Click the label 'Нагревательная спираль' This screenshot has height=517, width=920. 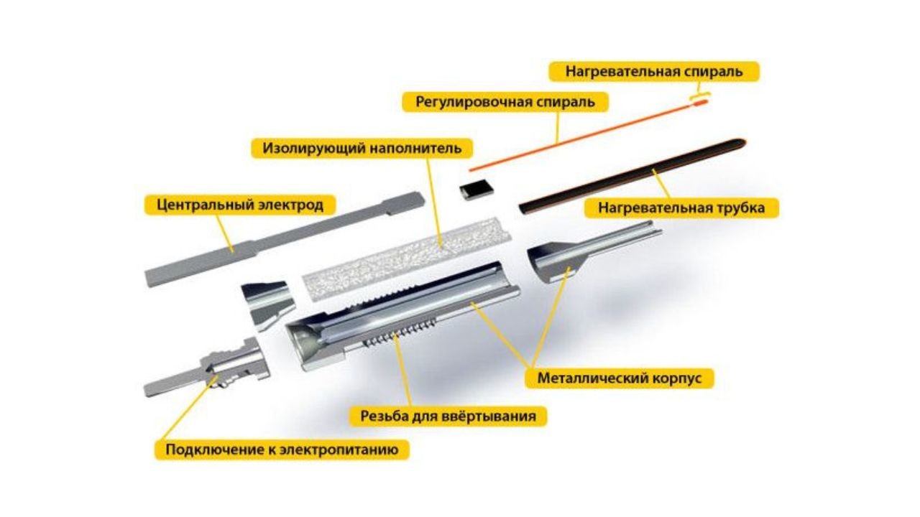(654, 71)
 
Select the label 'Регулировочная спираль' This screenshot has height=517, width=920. (505, 102)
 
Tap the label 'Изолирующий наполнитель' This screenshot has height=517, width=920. (362, 148)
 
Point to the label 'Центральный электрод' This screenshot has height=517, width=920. (240, 205)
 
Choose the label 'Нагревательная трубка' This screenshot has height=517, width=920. (681, 208)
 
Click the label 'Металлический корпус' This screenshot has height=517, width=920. (620, 378)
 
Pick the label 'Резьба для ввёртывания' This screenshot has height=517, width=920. (448, 416)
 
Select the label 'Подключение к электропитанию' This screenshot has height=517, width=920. (282, 450)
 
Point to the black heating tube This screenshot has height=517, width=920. (632, 177)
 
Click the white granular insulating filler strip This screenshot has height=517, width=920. (407, 258)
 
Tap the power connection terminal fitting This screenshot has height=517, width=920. (208, 365)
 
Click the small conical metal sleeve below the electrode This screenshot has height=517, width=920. (268, 304)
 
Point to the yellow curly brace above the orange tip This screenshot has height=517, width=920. (699, 95)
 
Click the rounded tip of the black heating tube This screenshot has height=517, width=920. (741, 144)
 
